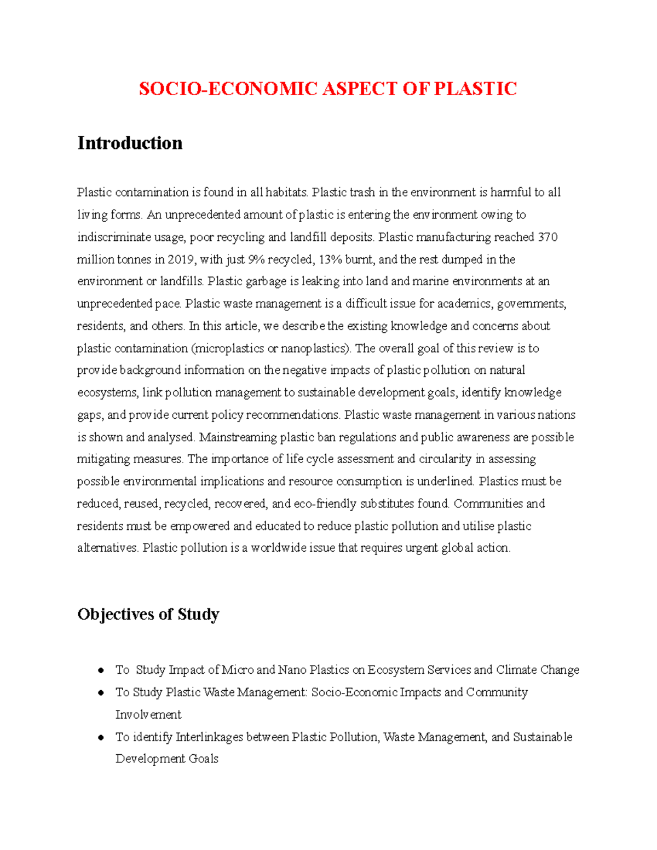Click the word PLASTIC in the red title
pyautogui.click(x=475, y=89)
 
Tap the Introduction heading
pyautogui.click(x=130, y=143)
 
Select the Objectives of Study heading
pyautogui.click(x=148, y=614)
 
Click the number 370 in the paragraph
pyautogui.click(x=547, y=237)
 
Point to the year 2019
pyautogui.click(x=181, y=259)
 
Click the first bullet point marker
pyautogui.click(x=101, y=670)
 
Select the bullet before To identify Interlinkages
pyautogui.click(x=101, y=737)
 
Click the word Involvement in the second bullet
pyautogui.click(x=148, y=715)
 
